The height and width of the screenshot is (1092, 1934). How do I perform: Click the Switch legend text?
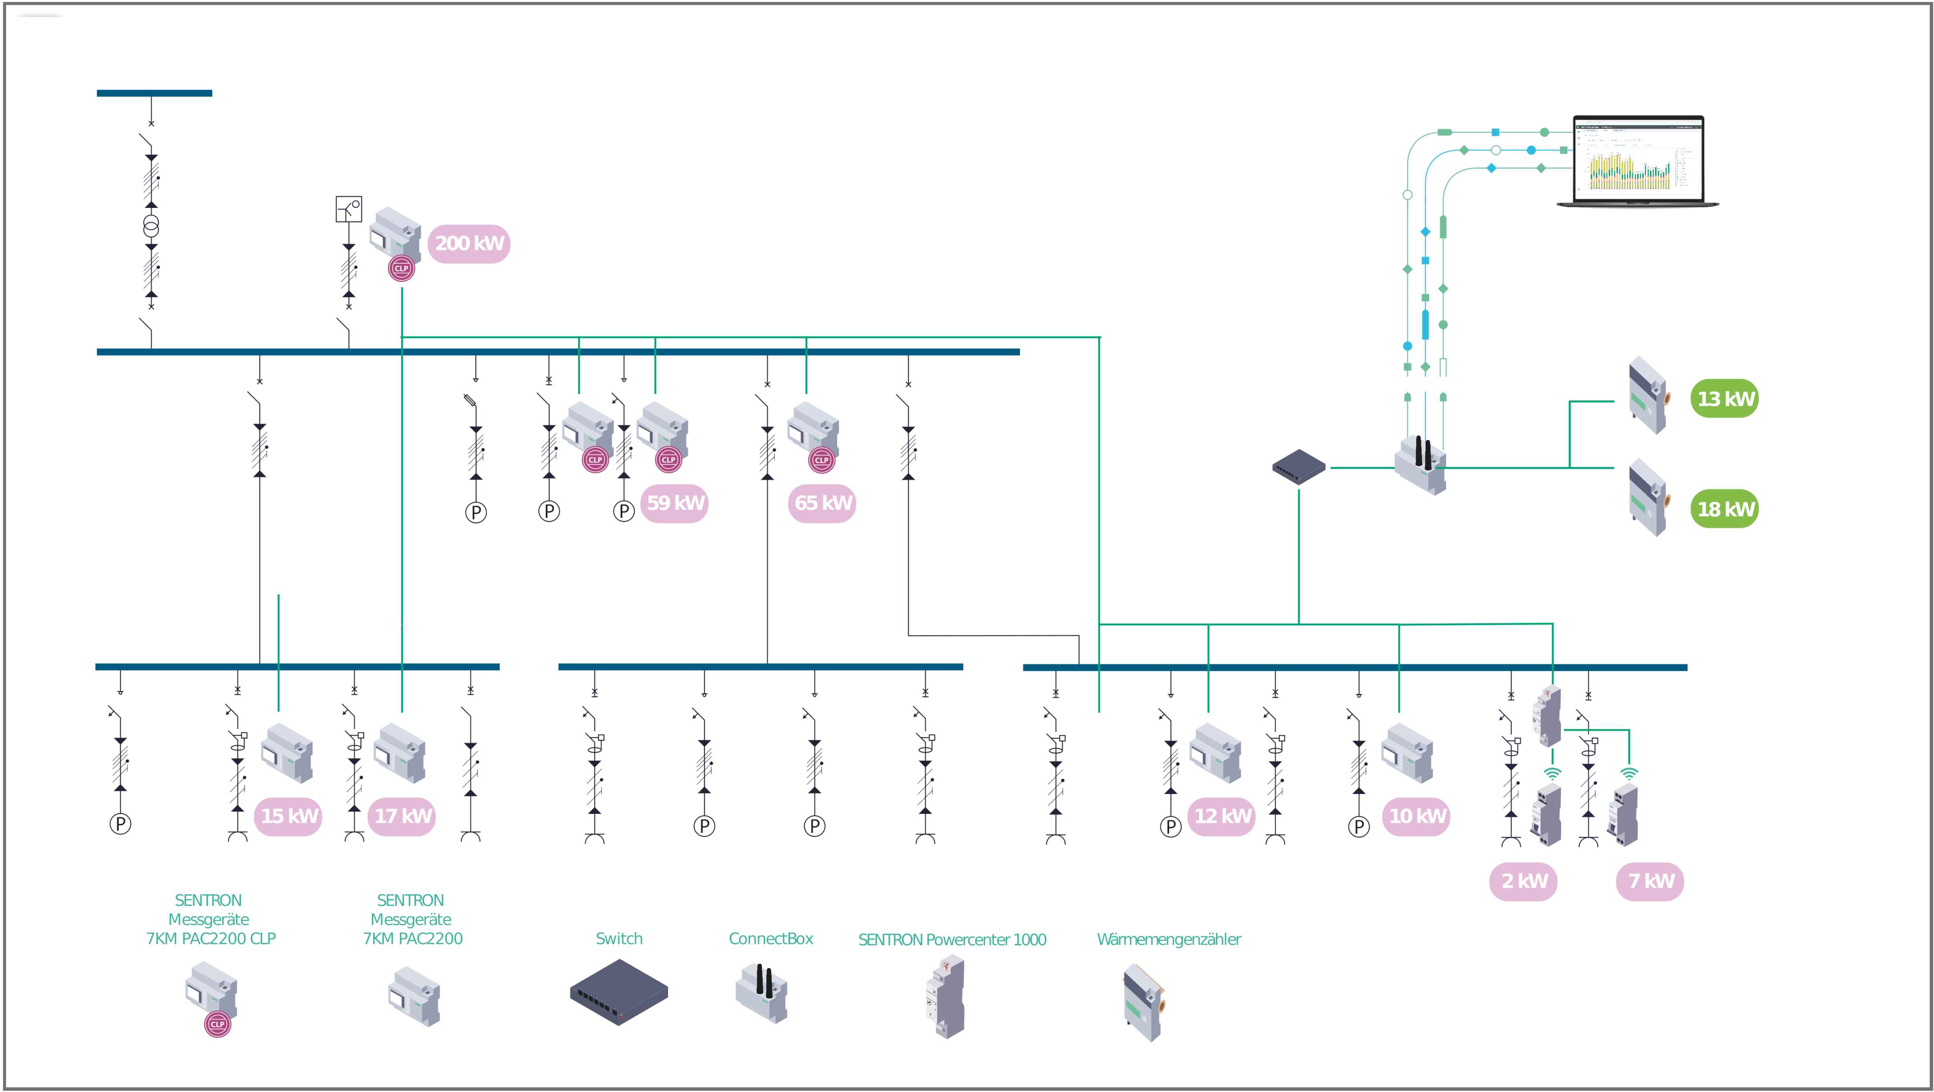[x=619, y=939]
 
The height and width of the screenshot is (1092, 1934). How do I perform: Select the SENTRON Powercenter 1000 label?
[x=952, y=939]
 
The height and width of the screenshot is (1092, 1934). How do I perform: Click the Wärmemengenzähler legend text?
[x=1168, y=939]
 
